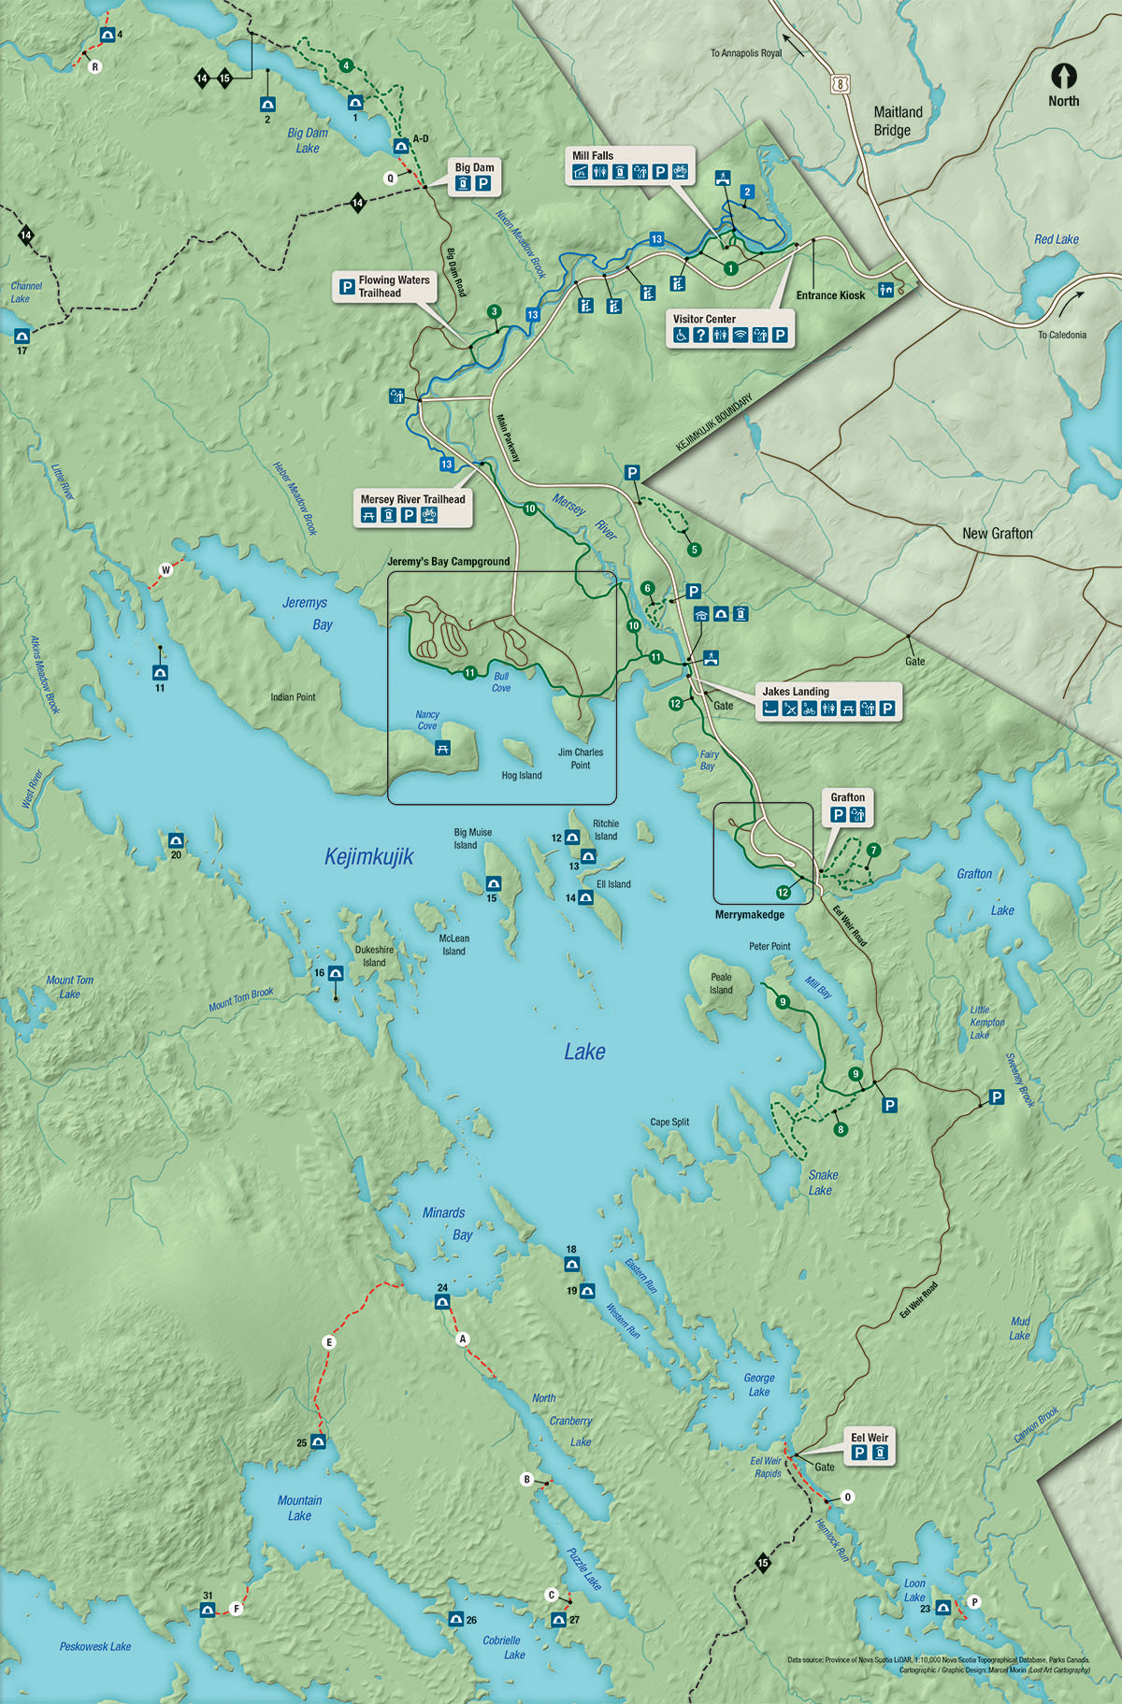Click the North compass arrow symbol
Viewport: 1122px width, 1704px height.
[1063, 76]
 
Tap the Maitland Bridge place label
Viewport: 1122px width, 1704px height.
[898, 122]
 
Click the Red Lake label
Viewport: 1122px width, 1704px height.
[1056, 239]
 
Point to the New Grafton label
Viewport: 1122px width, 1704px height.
[997, 534]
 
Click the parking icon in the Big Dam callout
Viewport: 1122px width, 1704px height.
[483, 184]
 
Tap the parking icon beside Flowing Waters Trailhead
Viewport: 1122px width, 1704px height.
[347, 286]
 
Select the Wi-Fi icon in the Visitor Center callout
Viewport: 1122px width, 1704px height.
[740, 336]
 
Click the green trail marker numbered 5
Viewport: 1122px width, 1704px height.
[694, 550]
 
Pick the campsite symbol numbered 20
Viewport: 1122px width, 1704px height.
[176, 839]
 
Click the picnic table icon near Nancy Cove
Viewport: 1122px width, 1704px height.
[443, 747]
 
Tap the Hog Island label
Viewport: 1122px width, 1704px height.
[521, 776]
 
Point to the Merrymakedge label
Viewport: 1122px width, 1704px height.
[749, 914]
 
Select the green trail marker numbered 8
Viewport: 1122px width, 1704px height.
[841, 1129]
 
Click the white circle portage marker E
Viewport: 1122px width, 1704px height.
[328, 1342]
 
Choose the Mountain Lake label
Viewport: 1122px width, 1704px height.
[299, 1508]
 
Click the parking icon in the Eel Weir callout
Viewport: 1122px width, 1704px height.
[859, 1453]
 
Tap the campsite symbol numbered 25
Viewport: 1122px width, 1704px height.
[318, 1441]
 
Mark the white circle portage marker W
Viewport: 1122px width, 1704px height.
[166, 569]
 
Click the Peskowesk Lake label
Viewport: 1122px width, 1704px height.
[95, 1647]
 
